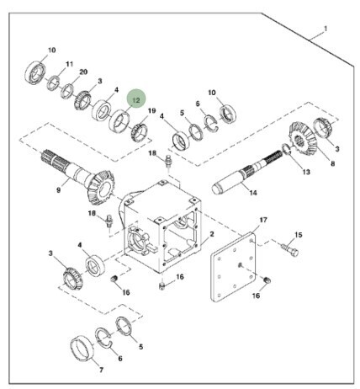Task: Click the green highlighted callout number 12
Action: pyautogui.click(x=136, y=100)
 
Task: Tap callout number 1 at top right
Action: pyautogui.click(x=326, y=29)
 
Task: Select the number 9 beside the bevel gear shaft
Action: pyautogui.click(x=59, y=190)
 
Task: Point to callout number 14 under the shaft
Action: pyautogui.click(x=253, y=193)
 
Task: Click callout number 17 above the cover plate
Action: pyautogui.click(x=263, y=220)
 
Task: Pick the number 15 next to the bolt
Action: pyautogui.click(x=299, y=234)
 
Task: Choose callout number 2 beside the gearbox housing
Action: pyautogui.click(x=212, y=234)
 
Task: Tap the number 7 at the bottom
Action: pyautogui.click(x=102, y=370)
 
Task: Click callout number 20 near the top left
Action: pyautogui.click(x=83, y=72)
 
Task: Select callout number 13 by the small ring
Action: pyautogui.click(x=306, y=172)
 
